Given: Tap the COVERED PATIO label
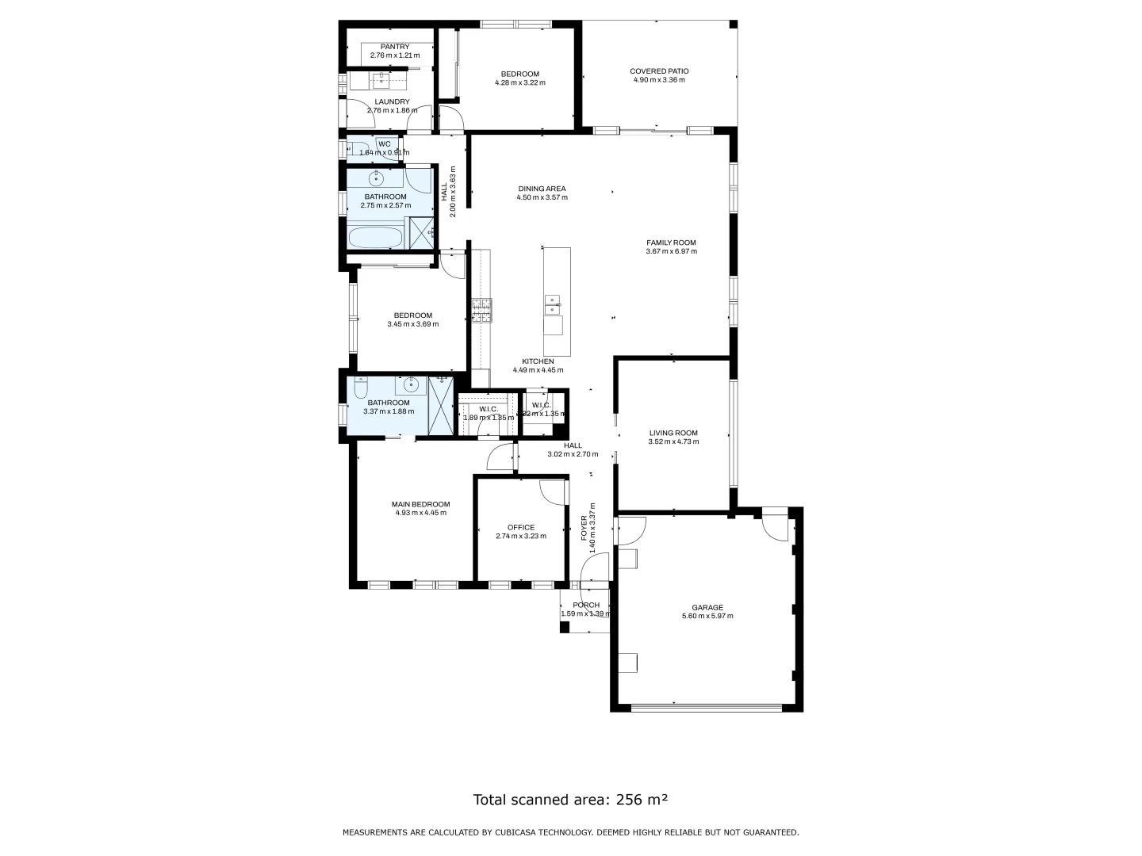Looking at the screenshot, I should click(x=659, y=71).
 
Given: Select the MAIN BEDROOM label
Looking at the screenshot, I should click(x=420, y=504).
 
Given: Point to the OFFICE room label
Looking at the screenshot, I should click(x=521, y=527).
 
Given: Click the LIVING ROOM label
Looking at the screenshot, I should click(x=673, y=433).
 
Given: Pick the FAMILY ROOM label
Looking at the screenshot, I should click(x=671, y=243).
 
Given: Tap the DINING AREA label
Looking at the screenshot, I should click(x=542, y=189).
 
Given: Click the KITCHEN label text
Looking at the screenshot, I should click(x=538, y=361).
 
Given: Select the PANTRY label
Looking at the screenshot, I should click(x=394, y=47).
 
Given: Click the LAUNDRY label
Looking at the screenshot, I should click(x=392, y=101).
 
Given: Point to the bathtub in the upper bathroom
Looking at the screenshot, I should click(x=376, y=236).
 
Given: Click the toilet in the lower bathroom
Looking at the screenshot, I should click(x=361, y=388).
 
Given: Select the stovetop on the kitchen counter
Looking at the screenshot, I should click(x=481, y=310).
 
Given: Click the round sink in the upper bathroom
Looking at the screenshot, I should click(x=377, y=178).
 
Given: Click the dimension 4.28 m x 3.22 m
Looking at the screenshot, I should click(x=519, y=82).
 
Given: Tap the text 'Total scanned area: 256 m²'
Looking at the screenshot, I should click(x=570, y=800).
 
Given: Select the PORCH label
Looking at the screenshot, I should click(x=586, y=605).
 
